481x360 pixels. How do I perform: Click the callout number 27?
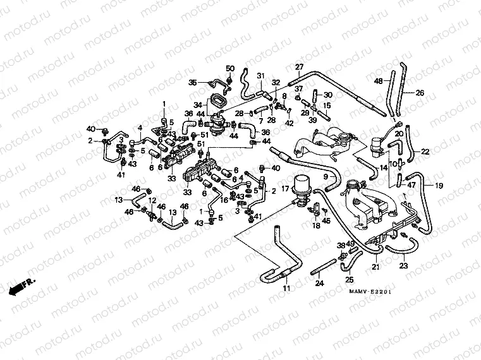click(x=300, y=68)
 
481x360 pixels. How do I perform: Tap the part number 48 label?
click(x=378, y=81)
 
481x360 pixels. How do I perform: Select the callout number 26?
click(x=420, y=93)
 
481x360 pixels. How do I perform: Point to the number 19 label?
click(x=439, y=185)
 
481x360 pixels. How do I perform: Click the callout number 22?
click(x=425, y=152)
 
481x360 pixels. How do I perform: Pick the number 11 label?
click(x=286, y=289)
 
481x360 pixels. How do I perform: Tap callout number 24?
click(x=319, y=284)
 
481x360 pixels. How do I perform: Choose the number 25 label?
click(x=350, y=279)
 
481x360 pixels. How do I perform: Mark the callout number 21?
click(x=375, y=268)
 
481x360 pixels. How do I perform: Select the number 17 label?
click(x=285, y=188)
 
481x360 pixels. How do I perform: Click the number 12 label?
click(x=152, y=201)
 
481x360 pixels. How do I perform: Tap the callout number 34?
click(x=197, y=105)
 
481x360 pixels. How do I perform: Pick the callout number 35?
click(x=193, y=82)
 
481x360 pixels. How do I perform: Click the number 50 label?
click(x=230, y=68)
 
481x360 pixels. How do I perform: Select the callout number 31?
click(x=260, y=76)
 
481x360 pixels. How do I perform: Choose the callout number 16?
click(x=224, y=200)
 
